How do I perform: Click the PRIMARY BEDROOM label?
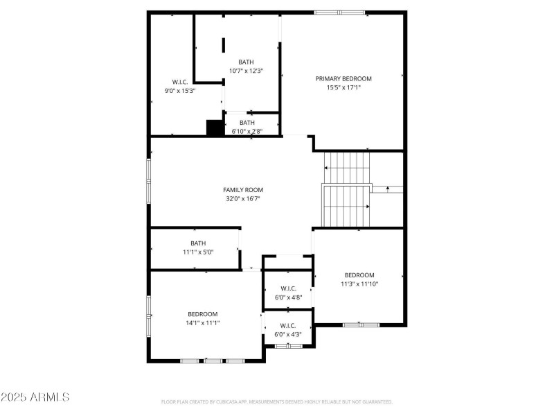pyautogui.click(x=343, y=78)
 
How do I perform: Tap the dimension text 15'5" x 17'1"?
pyautogui.click(x=343, y=87)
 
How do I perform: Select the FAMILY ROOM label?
pyautogui.click(x=242, y=190)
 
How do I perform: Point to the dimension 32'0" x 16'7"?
pyautogui.click(x=242, y=199)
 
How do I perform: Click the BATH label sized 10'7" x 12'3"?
pyautogui.click(x=247, y=62)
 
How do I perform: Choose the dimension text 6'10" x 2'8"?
pyautogui.click(x=247, y=131)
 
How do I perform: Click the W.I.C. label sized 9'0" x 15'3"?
pyautogui.click(x=180, y=82)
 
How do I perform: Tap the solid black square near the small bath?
pyautogui.click(x=213, y=128)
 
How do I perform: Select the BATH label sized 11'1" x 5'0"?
pyautogui.click(x=198, y=243)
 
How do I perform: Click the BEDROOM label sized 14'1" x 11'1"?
pyautogui.click(x=202, y=314)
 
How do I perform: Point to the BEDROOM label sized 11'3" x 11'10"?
pyautogui.click(x=359, y=275)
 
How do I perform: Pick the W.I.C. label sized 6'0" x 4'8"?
pyautogui.click(x=288, y=288)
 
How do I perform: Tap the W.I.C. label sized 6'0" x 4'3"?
pyautogui.click(x=288, y=326)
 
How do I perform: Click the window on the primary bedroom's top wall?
pyautogui.click(x=339, y=12)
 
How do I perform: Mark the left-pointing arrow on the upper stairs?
pyautogui.click(x=327, y=168)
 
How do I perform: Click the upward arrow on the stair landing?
pyautogui.click(x=387, y=187)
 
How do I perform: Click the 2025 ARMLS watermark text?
pyautogui.click(x=35, y=398)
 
